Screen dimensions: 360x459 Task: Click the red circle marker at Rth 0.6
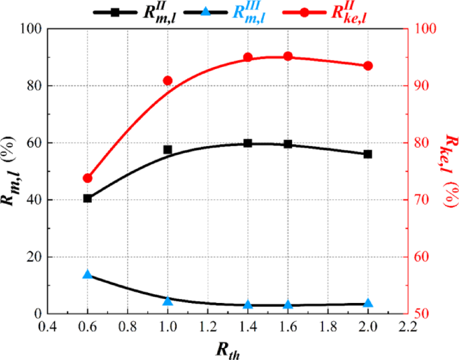click(x=87, y=178)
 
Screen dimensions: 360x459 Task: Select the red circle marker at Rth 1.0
click(x=168, y=80)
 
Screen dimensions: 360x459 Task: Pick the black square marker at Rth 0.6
click(x=87, y=198)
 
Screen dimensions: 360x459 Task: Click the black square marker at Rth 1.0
click(x=168, y=149)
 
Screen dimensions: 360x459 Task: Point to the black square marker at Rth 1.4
click(x=248, y=143)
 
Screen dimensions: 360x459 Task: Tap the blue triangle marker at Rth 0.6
click(x=87, y=275)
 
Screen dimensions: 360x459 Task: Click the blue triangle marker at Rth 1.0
click(x=168, y=301)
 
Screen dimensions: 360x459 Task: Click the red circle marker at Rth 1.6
click(x=288, y=56)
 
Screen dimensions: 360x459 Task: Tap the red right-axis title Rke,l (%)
click(x=447, y=171)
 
